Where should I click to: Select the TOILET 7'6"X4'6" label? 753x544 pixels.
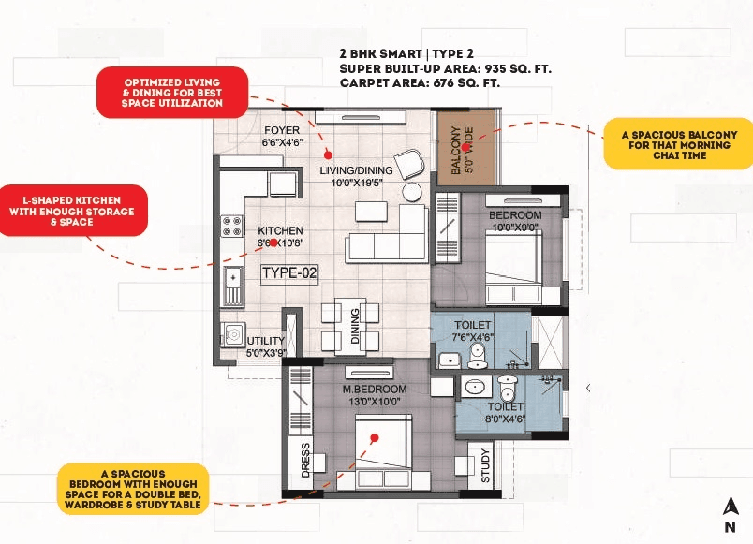point(472,331)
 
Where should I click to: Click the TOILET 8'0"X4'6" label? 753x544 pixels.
point(506,413)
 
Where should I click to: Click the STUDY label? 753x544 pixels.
point(485,468)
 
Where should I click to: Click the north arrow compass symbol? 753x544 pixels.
point(729,513)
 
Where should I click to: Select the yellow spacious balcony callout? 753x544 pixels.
point(679,144)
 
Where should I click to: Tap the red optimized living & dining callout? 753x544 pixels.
point(172,92)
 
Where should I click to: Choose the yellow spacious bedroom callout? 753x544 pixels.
point(131,488)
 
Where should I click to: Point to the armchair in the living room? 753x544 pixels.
point(408,165)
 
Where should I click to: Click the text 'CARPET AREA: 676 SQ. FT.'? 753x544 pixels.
point(420,82)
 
